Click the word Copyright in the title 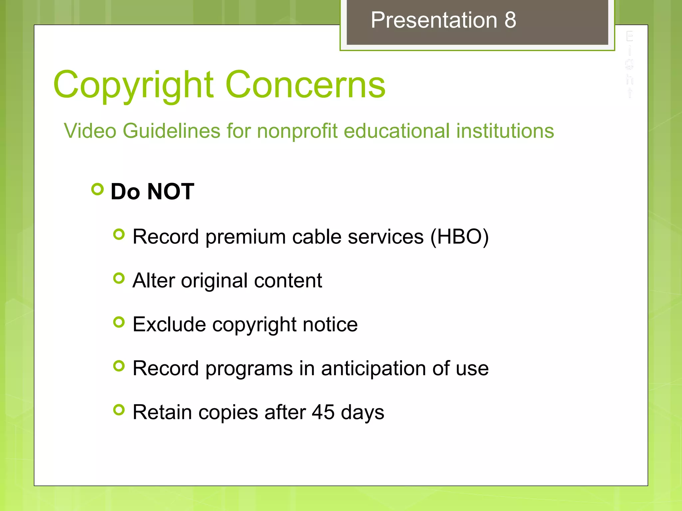[x=133, y=85]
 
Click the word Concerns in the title [x=305, y=85]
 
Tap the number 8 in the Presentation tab [x=510, y=20]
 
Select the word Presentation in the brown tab [x=434, y=20]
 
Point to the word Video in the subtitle [x=90, y=130]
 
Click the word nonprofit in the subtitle [x=297, y=130]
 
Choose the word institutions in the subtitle [x=505, y=130]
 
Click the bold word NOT [x=170, y=192]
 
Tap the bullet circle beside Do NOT [x=97, y=189]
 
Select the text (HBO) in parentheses [x=460, y=237]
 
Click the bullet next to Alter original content [x=119, y=278]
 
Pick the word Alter [x=154, y=280]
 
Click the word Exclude [x=169, y=324]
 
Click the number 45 [x=323, y=412]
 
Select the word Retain [x=162, y=412]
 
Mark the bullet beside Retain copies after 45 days [x=119, y=410]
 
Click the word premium [x=245, y=237]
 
